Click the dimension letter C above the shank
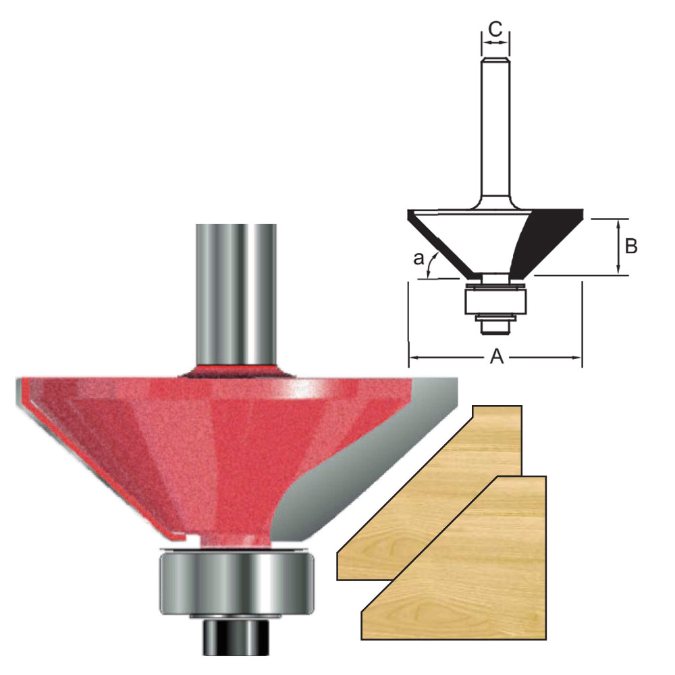click(x=495, y=29)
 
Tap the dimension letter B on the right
click(x=630, y=246)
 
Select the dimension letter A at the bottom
click(x=497, y=356)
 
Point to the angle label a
click(x=418, y=259)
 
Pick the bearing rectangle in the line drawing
click(x=495, y=301)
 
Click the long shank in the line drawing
click(x=495, y=129)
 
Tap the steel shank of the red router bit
click(x=236, y=295)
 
